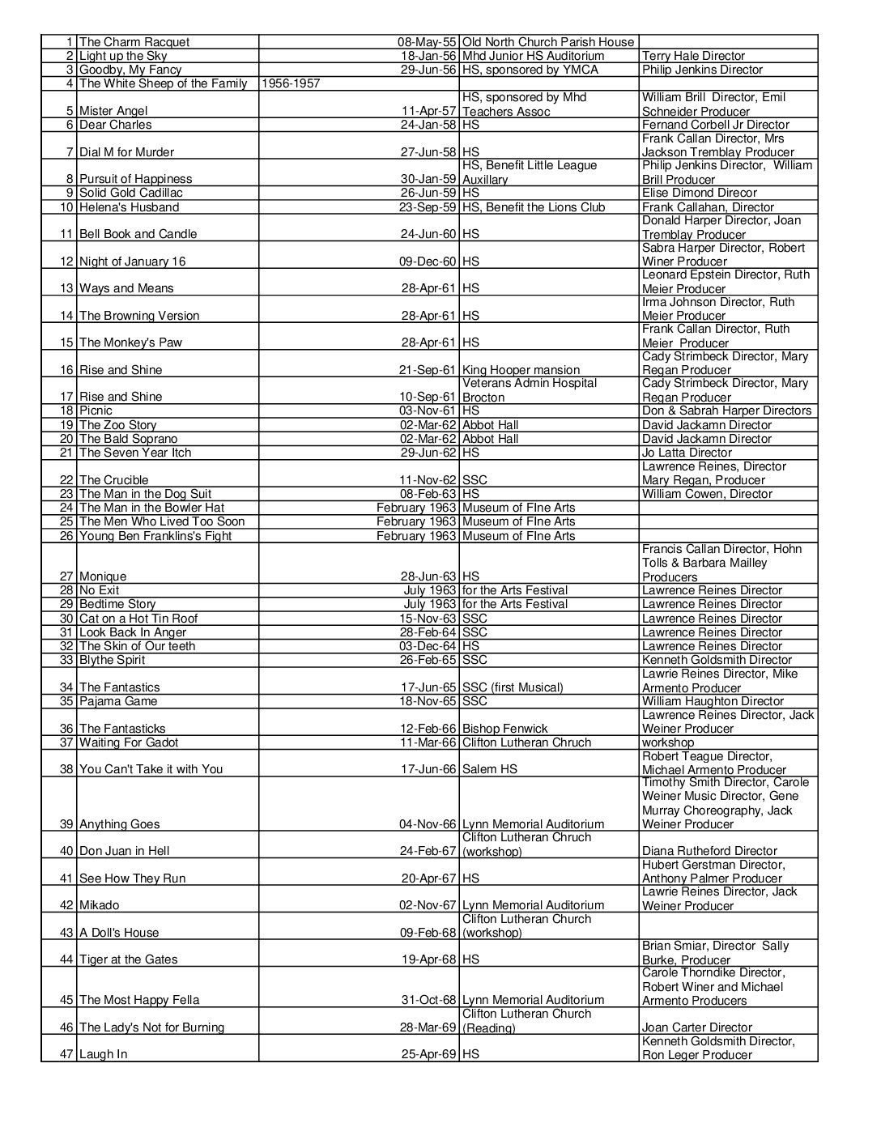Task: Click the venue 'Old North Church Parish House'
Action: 548,42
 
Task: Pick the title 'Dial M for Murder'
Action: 126,152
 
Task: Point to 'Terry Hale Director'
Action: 693,56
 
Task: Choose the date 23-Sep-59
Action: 429,207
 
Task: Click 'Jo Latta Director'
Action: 687,453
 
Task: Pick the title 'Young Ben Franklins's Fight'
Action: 155,536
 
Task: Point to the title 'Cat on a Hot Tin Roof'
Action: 138,619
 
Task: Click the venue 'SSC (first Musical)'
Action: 513,687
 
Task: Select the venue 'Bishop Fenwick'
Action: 505,729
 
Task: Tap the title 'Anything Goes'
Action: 120,824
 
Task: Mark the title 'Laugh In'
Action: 103,1054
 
